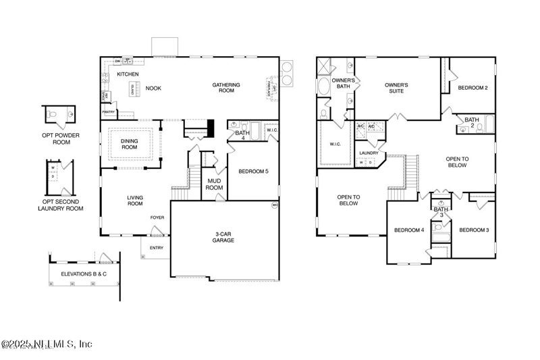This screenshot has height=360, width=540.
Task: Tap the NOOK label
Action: tap(153, 88)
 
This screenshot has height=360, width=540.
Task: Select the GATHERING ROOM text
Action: tap(227, 88)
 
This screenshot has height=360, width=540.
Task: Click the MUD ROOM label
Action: tap(215, 184)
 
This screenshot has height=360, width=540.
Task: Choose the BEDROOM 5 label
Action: tap(254, 172)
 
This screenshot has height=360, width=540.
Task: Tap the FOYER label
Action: tap(157, 217)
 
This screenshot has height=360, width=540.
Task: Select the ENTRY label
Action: tap(157, 247)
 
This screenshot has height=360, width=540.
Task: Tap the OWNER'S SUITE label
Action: tap(396, 88)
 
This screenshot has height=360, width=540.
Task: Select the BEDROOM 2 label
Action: tap(473, 88)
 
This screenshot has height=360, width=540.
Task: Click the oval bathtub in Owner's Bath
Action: tap(325, 88)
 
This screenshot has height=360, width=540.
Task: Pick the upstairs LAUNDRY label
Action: tap(368, 153)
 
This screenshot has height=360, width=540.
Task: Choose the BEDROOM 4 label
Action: tap(409, 230)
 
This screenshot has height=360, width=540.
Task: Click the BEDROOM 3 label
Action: tap(474, 230)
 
